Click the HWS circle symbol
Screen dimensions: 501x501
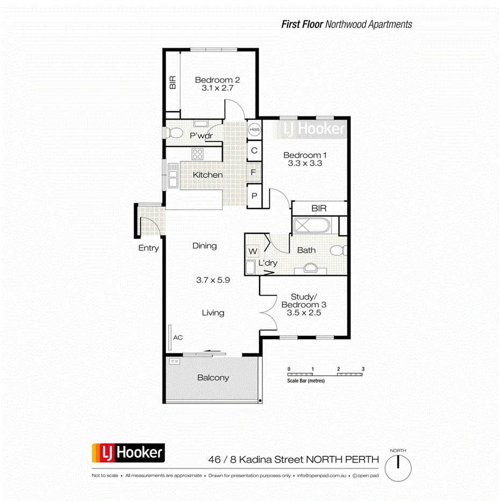[x=254, y=130]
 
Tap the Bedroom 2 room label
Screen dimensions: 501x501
[x=217, y=80]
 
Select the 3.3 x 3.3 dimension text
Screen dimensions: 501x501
[x=305, y=164]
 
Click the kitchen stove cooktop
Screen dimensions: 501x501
[x=198, y=154]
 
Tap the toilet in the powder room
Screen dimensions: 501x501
[x=173, y=133]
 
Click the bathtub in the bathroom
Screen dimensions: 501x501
[x=312, y=225]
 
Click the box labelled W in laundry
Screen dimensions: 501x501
[x=252, y=251]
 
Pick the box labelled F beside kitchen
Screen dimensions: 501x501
[x=254, y=173]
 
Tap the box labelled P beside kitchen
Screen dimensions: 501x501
[x=254, y=196]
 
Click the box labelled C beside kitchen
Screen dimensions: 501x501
[x=254, y=151]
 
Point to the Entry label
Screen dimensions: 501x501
[x=148, y=248]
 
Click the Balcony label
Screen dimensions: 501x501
[x=213, y=377]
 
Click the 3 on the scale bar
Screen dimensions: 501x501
[x=363, y=369]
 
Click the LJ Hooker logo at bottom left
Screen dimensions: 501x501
[x=128, y=453]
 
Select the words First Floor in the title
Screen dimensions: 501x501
[x=302, y=24]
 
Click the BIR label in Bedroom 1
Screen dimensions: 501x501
[x=319, y=209]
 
